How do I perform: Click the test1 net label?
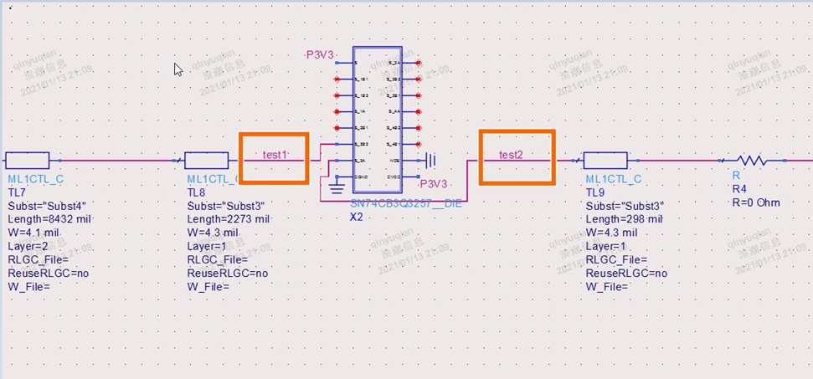[x=275, y=155]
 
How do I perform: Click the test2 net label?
[x=511, y=155]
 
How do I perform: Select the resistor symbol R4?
[x=751, y=160]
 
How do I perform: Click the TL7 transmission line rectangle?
[x=27, y=160]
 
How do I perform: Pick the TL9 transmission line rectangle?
[x=605, y=160]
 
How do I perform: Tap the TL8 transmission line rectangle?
[x=206, y=160]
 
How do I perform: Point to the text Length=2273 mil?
[x=228, y=219]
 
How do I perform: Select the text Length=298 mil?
[x=624, y=219]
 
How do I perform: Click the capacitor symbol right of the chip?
[x=431, y=160]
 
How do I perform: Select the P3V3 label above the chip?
[x=320, y=55]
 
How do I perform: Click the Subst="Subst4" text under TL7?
[x=47, y=206]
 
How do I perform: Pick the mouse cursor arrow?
[x=178, y=69]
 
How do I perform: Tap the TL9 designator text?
[x=594, y=192]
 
